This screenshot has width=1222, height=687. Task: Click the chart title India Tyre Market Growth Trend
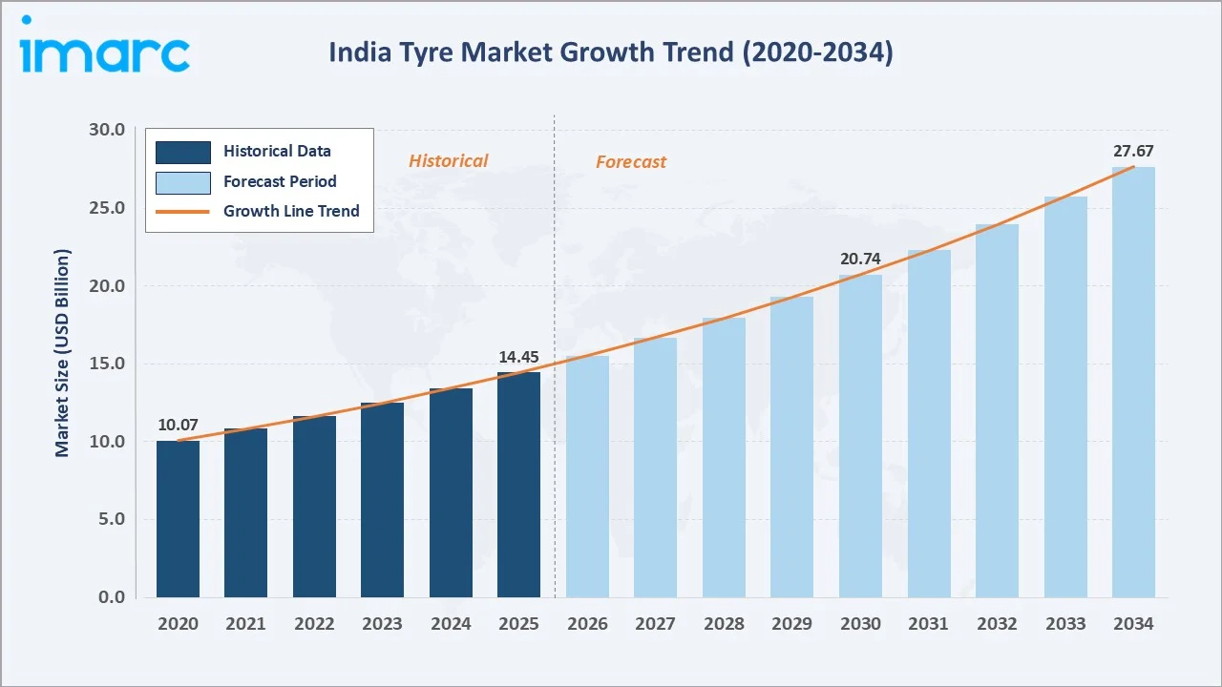click(x=611, y=52)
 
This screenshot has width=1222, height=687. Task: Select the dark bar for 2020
click(x=178, y=519)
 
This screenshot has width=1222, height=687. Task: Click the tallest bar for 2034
click(x=1133, y=382)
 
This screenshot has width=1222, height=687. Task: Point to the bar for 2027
click(x=655, y=468)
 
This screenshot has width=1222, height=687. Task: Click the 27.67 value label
click(x=1133, y=151)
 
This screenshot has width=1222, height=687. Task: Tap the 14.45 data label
click(x=518, y=357)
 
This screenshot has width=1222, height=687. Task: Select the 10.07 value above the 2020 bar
click(x=178, y=425)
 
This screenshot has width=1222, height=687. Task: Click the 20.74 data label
click(x=860, y=259)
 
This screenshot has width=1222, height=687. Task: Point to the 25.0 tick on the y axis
click(x=105, y=208)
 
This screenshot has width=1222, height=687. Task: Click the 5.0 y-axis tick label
click(x=111, y=519)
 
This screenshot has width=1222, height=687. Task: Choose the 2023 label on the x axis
click(x=382, y=624)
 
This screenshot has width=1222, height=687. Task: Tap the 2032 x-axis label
click(x=997, y=624)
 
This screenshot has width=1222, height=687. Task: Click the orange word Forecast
click(x=631, y=162)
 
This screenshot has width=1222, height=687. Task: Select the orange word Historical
click(x=448, y=161)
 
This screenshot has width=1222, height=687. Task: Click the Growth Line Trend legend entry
click(x=291, y=211)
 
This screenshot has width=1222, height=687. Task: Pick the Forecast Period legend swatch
click(x=183, y=182)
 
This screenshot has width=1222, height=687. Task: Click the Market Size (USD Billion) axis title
click(x=63, y=353)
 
